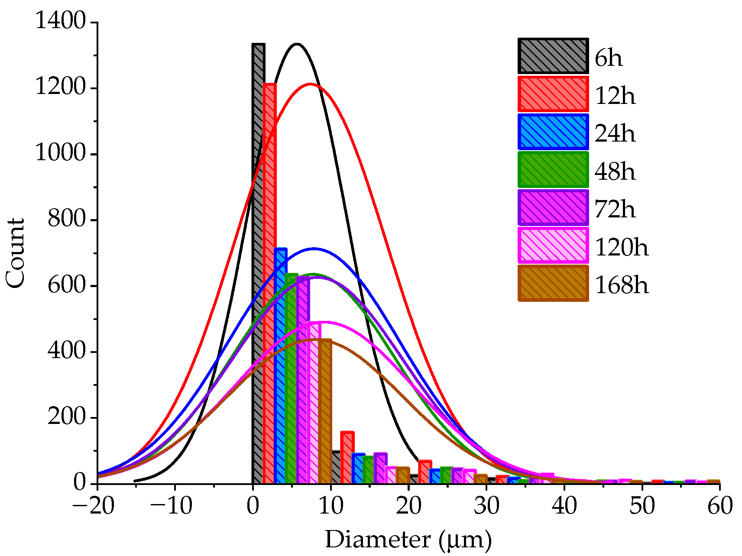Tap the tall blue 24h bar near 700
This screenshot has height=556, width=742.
(x=280, y=368)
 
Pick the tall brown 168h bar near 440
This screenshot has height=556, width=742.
(x=325, y=411)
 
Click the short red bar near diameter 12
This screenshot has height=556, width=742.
(x=347, y=458)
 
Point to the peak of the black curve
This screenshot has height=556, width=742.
(x=297, y=44)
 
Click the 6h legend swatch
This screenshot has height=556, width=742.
(x=553, y=56)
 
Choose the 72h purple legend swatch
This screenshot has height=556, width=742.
(x=553, y=208)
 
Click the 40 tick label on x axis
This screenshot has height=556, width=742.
(x=564, y=506)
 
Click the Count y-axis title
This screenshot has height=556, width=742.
(x=16, y=252)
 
